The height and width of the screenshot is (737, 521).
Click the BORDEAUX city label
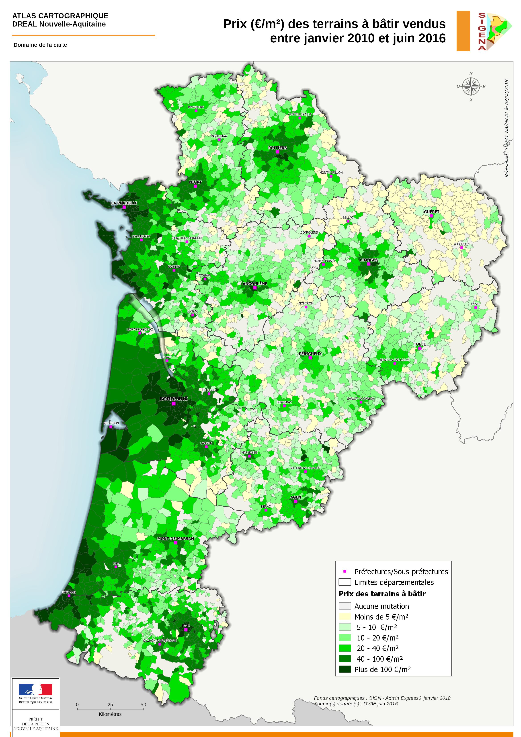pos(173,399)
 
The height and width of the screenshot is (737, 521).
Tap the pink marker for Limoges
pos(369,264)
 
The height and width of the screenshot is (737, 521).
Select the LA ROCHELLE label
pos(124,203)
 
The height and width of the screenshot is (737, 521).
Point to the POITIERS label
pos(277,148)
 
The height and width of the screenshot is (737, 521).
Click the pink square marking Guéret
pos(431,216)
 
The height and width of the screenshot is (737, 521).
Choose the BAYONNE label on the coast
pos(69,592)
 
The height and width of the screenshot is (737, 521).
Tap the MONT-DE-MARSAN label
pos(175,538)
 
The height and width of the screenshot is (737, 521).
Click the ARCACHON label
pos(111,423)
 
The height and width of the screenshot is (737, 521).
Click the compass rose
pos(471,86)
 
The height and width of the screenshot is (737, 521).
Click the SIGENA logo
pos(491,31)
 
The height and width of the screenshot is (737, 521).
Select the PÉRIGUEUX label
pos(310,353)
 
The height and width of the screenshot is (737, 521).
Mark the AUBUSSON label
pos(461,244)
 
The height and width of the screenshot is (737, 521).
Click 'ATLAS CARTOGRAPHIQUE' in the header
pos(60,16)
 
